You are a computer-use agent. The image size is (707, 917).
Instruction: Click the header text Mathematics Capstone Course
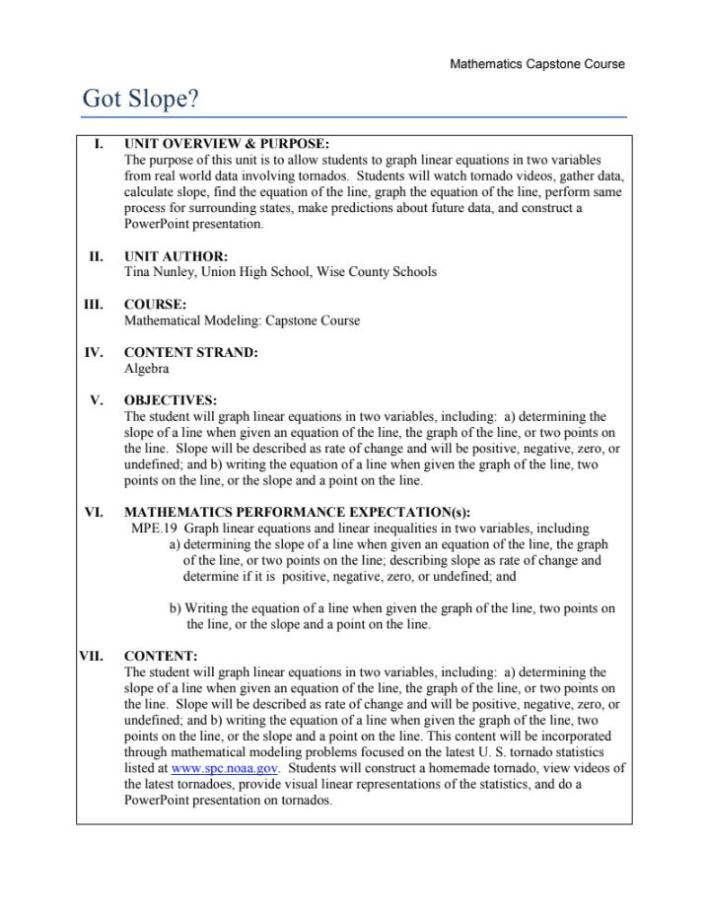536,64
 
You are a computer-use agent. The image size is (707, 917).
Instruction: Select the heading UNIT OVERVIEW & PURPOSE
227,145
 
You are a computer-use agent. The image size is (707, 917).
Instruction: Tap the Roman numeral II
96,256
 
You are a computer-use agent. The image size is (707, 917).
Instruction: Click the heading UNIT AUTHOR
176,256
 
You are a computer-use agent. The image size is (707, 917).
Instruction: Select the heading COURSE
156,305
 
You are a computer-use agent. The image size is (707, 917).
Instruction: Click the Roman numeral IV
95,353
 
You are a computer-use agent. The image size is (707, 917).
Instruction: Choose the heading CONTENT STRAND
191,353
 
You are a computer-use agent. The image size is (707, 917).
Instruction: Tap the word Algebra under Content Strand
147,369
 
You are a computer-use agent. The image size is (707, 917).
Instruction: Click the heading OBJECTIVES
170,401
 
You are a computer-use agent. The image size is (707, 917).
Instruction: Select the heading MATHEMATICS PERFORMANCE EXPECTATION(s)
297,513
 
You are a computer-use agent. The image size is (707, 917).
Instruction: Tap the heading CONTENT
161,655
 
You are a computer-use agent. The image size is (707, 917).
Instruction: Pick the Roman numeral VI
95,513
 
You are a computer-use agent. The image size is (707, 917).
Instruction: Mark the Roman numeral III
95,305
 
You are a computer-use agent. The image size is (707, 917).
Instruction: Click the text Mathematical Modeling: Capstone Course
242,320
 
